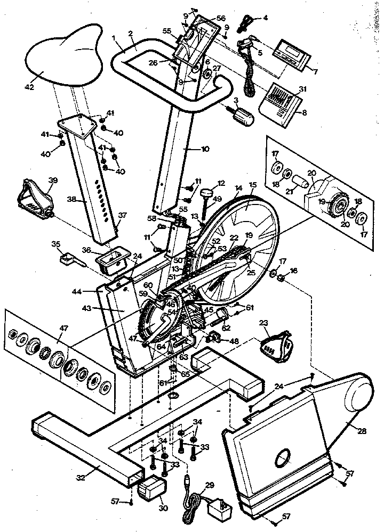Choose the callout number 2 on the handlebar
(131, 34)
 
